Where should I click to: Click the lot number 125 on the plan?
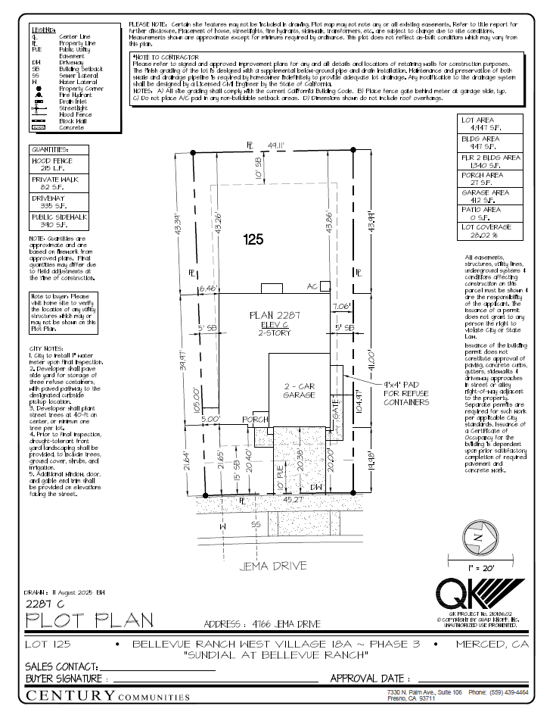coord(253,240)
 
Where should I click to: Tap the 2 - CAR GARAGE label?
coord(299,390)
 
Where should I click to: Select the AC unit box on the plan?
coord(325,286)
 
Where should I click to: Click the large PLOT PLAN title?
coord(90,620)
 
